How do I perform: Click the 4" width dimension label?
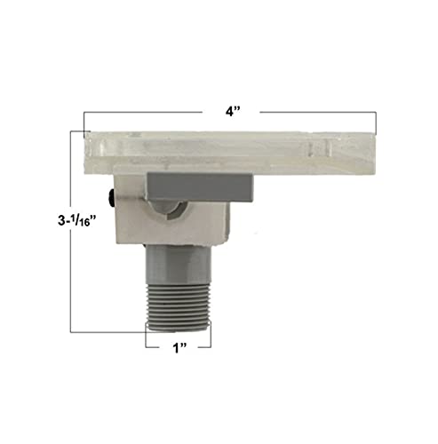233,112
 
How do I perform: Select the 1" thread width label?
180,348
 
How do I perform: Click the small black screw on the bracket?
112,198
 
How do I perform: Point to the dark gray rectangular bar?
200,187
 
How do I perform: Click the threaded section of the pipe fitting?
179,306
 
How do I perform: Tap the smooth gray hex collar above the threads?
179,264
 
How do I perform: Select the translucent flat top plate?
231,153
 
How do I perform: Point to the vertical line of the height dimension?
70,232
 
